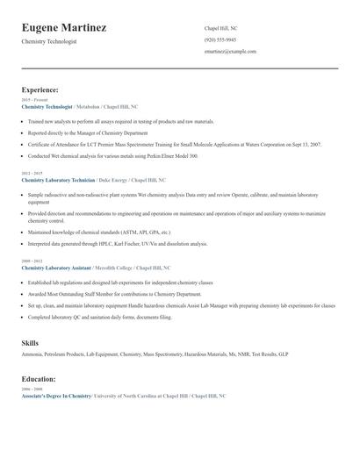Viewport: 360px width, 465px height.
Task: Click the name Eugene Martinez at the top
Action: coord(64,28)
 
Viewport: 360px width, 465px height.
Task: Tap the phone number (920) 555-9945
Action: coord(220,39)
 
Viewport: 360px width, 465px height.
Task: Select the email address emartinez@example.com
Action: coord(230,51)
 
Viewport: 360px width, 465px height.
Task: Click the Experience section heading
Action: coord(40,89)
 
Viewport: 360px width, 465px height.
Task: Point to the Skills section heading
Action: coord(30,342)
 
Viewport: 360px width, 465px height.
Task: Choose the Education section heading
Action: coord(39,379)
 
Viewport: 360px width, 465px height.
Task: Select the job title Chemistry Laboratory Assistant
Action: coord(54,267)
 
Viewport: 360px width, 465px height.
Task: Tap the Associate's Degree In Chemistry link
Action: coord(56,396)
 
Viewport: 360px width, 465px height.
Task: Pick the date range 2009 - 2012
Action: coord(31,261)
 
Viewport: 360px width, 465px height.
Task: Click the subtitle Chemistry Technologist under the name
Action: coord(49,41)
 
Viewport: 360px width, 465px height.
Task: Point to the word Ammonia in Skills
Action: coord(32,354)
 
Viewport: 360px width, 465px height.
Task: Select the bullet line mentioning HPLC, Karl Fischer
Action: coord(118,244)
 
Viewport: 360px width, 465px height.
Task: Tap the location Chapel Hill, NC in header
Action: coord(221,28)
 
